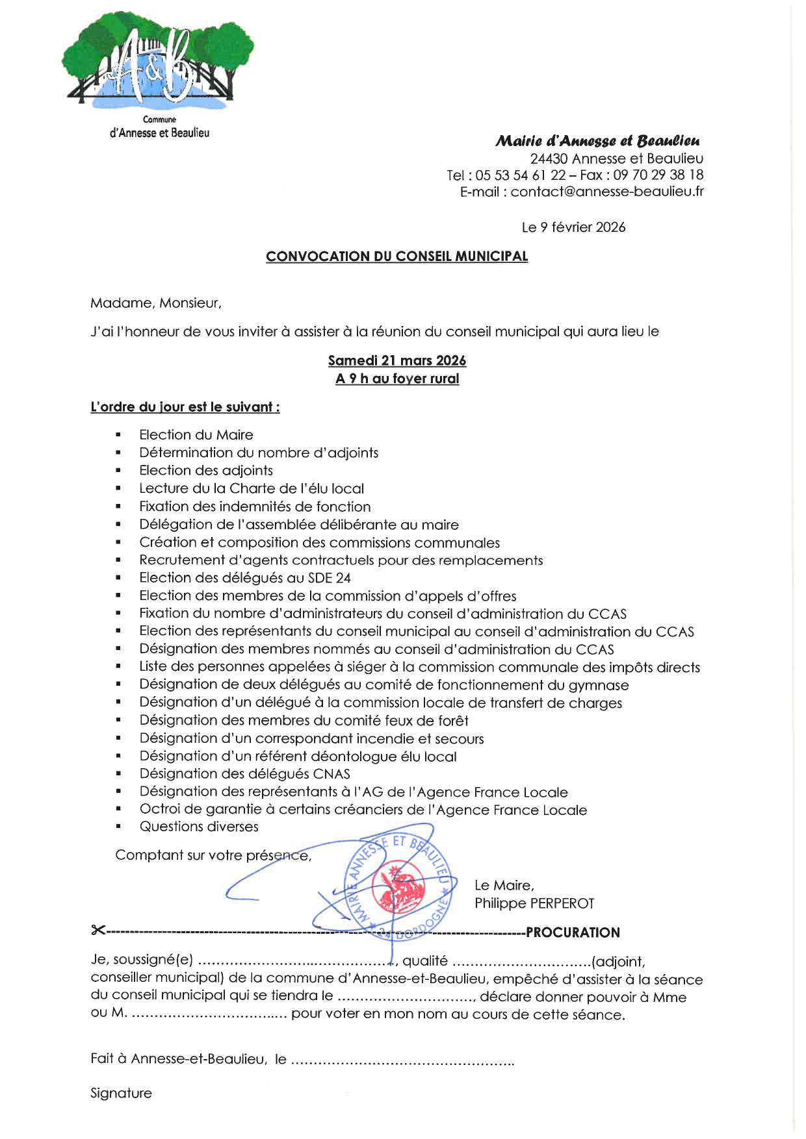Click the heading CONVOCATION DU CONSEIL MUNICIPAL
click(x=396, y=257)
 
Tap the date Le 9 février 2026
click(x=573, y=227)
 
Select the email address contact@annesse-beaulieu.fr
click(x=607, y=192)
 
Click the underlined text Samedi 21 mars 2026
click(x=396, y=361)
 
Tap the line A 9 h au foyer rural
click(x=396, y=379)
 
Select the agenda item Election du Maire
click(x=196, y=435)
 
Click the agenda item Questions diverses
click(x=199, y=827)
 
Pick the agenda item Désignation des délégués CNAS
click(x=244, y=774)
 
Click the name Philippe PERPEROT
click(x=534, y=903)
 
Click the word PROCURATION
click(x=573, y=933)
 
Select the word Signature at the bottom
click(x=121, y=1094)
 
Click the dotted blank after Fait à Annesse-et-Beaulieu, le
click(x=402, y=1060)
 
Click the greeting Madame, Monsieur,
click(x=156, y=303)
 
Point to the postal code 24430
click(x=549, y=158)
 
